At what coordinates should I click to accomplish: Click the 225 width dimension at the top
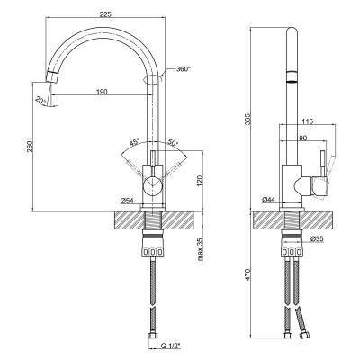[105, 14]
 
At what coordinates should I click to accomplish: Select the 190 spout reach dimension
[102, 92]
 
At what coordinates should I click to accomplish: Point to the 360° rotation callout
[184, 69]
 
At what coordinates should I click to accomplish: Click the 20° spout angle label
[40, 100]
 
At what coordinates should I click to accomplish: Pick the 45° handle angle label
[134, 142]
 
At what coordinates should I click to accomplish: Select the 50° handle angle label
[173, 142]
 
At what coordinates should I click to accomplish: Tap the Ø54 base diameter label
[127, 201]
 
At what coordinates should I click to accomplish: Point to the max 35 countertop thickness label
[201, 249]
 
